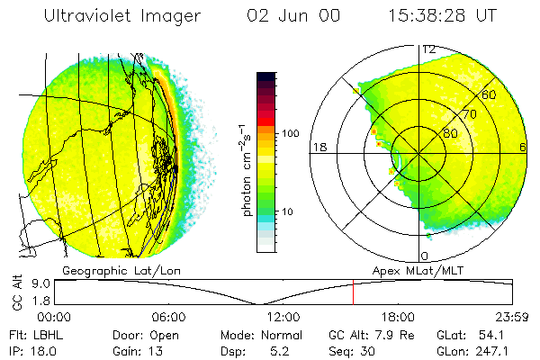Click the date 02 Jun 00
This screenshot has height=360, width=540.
coord(283,15)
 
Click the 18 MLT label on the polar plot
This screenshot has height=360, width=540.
coord(318,147)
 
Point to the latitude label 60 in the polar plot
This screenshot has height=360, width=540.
coord(489,94)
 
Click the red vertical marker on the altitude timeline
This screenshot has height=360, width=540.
coord(353,293)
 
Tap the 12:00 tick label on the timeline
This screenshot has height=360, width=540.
coord(283,317)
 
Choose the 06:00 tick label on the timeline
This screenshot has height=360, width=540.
coord(168,317)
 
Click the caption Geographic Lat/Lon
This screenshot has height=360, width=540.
coord(110,270)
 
